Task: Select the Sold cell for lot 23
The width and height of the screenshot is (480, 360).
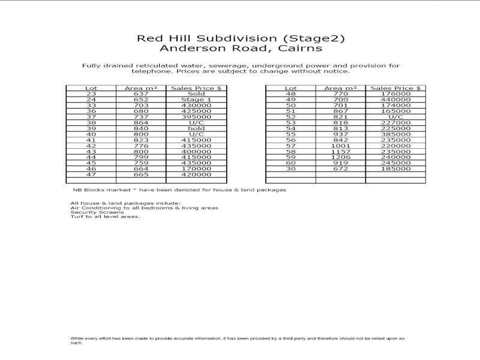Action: tap(196, 94)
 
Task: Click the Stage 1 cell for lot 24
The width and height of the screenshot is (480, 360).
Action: tap(196, 100)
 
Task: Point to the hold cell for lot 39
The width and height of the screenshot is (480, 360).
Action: tap(196, 128)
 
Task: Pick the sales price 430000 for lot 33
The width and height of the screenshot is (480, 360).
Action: tap(196, 105)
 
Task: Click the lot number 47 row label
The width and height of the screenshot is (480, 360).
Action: tap(91, 174)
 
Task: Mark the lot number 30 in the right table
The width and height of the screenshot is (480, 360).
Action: tap(291, 169)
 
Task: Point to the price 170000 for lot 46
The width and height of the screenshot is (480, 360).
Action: tap(196, 169)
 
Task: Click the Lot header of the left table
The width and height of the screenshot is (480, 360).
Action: tap(91, 88)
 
